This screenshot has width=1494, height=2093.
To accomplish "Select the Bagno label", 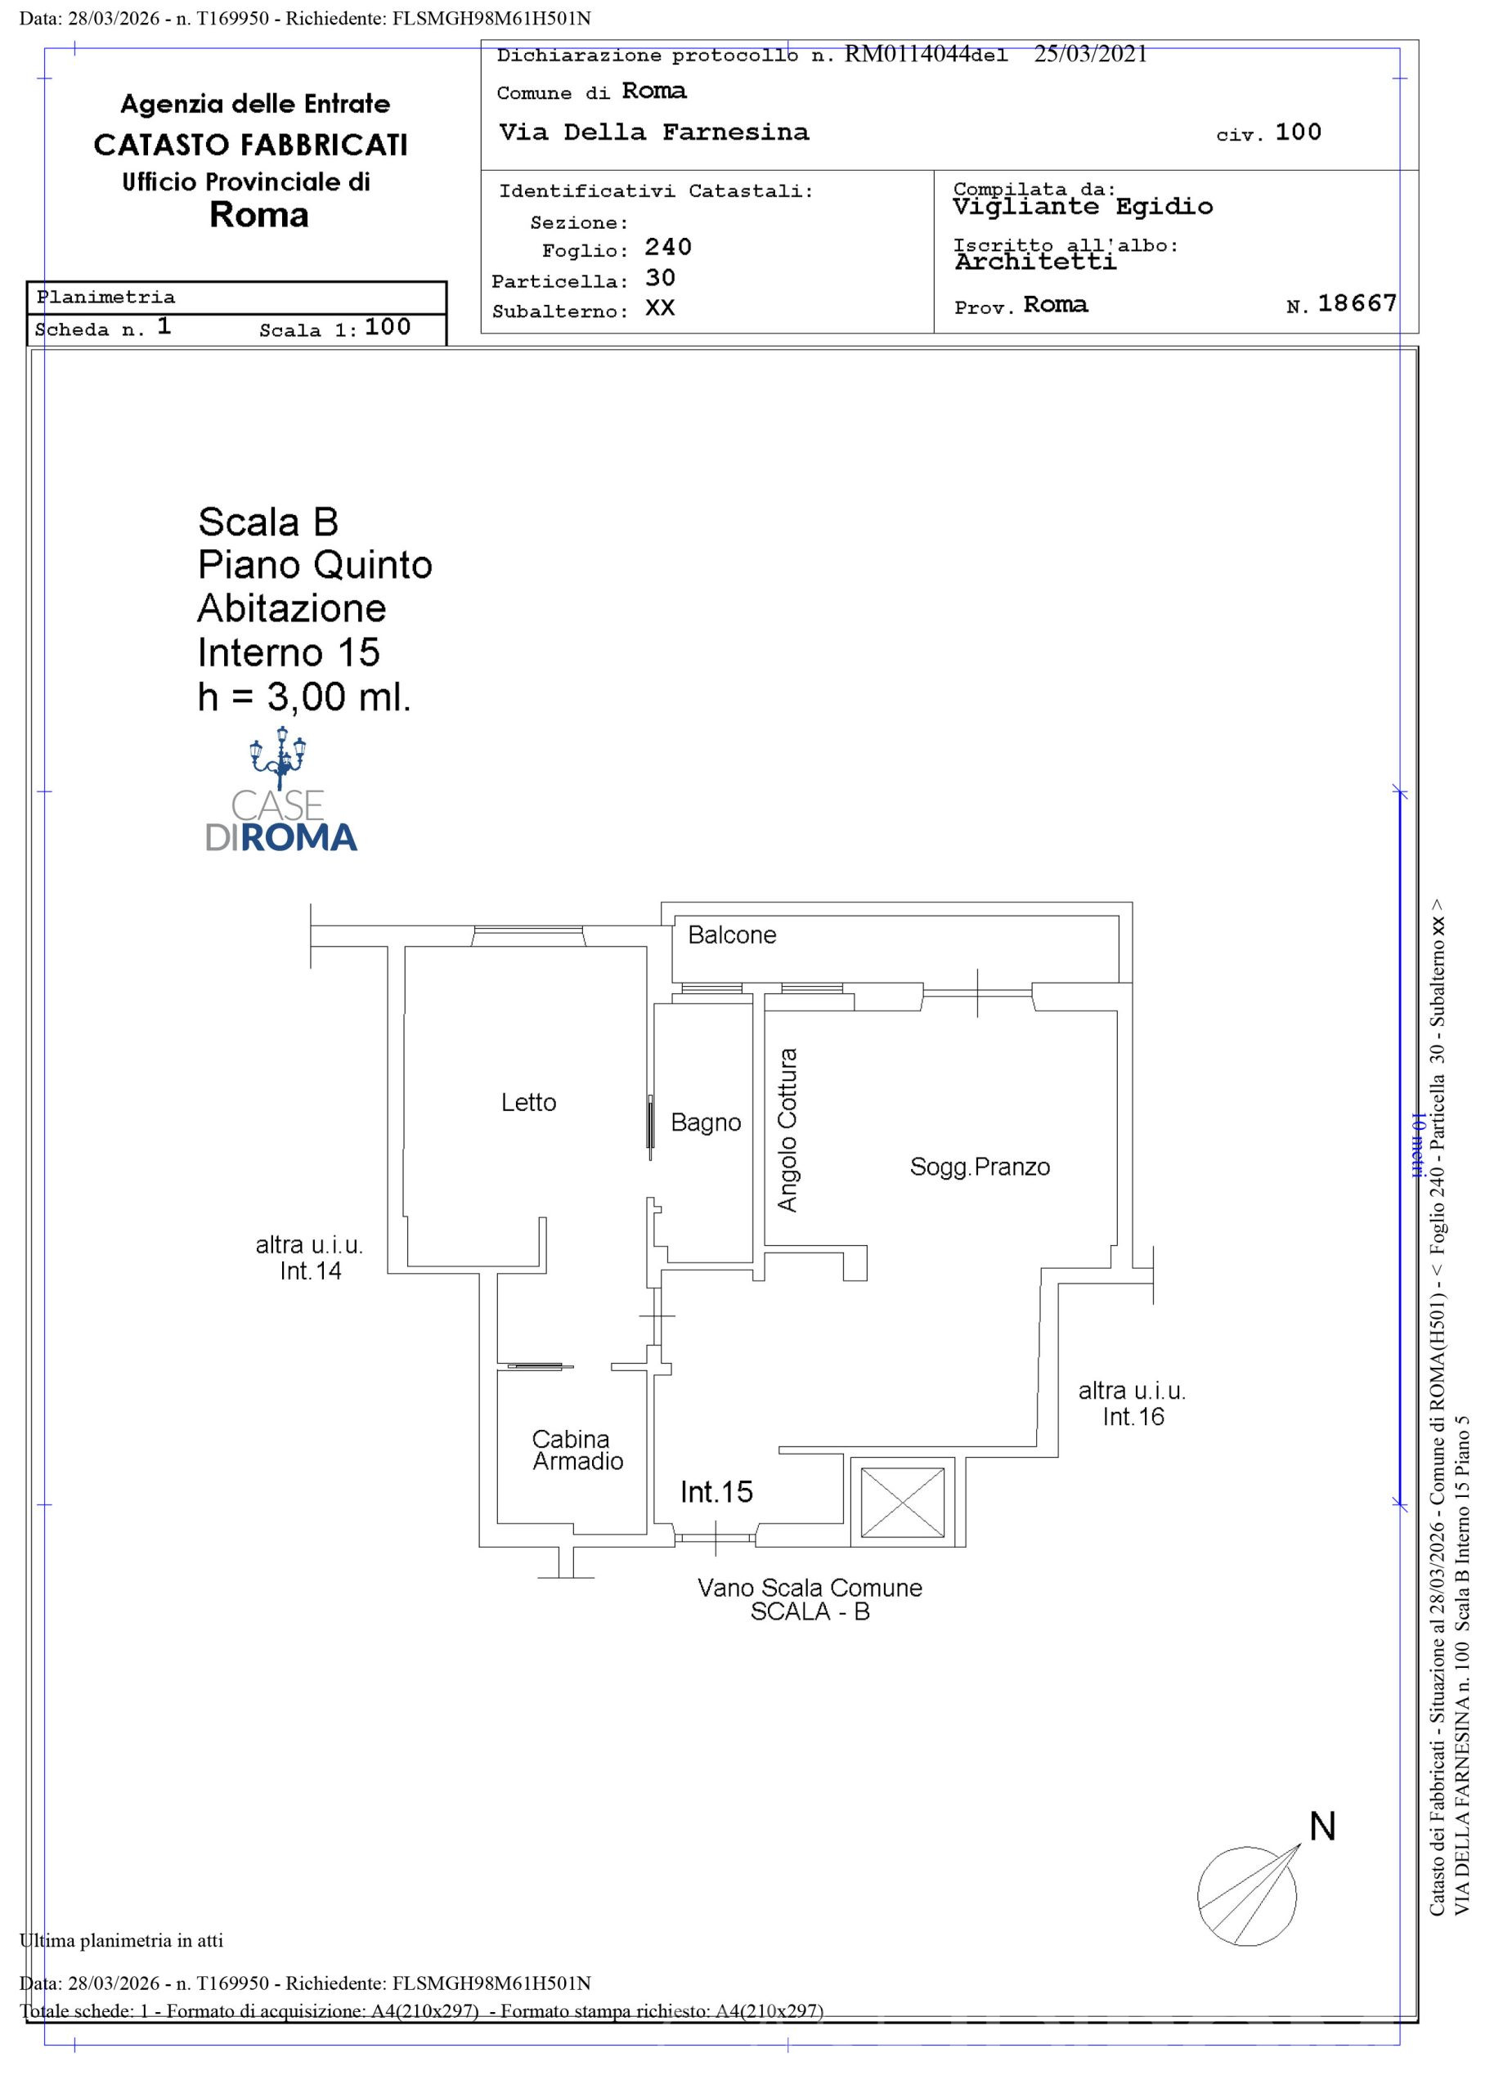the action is point(706,1123).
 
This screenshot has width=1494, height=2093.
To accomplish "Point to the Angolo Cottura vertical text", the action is point(787,1129).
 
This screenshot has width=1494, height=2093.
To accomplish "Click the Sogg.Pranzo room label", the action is point(980,1167).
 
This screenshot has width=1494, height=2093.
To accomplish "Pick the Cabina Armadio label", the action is point(577,1450).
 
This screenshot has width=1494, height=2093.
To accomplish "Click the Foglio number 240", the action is point(668,248).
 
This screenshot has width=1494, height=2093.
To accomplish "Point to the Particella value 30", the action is point(661,278).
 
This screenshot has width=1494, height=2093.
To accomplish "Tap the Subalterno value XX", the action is point(661,308).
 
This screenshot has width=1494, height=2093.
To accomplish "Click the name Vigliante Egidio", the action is point(1083,207).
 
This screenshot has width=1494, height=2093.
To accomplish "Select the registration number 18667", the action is point(1357,303).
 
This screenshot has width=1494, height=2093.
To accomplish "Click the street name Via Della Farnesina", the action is point(654,132).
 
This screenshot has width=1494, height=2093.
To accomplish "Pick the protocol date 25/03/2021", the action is point(1090,54).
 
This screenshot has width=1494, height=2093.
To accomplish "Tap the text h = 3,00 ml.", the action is point(304,697).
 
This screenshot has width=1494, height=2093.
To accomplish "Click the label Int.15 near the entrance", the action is point(716,1491).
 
